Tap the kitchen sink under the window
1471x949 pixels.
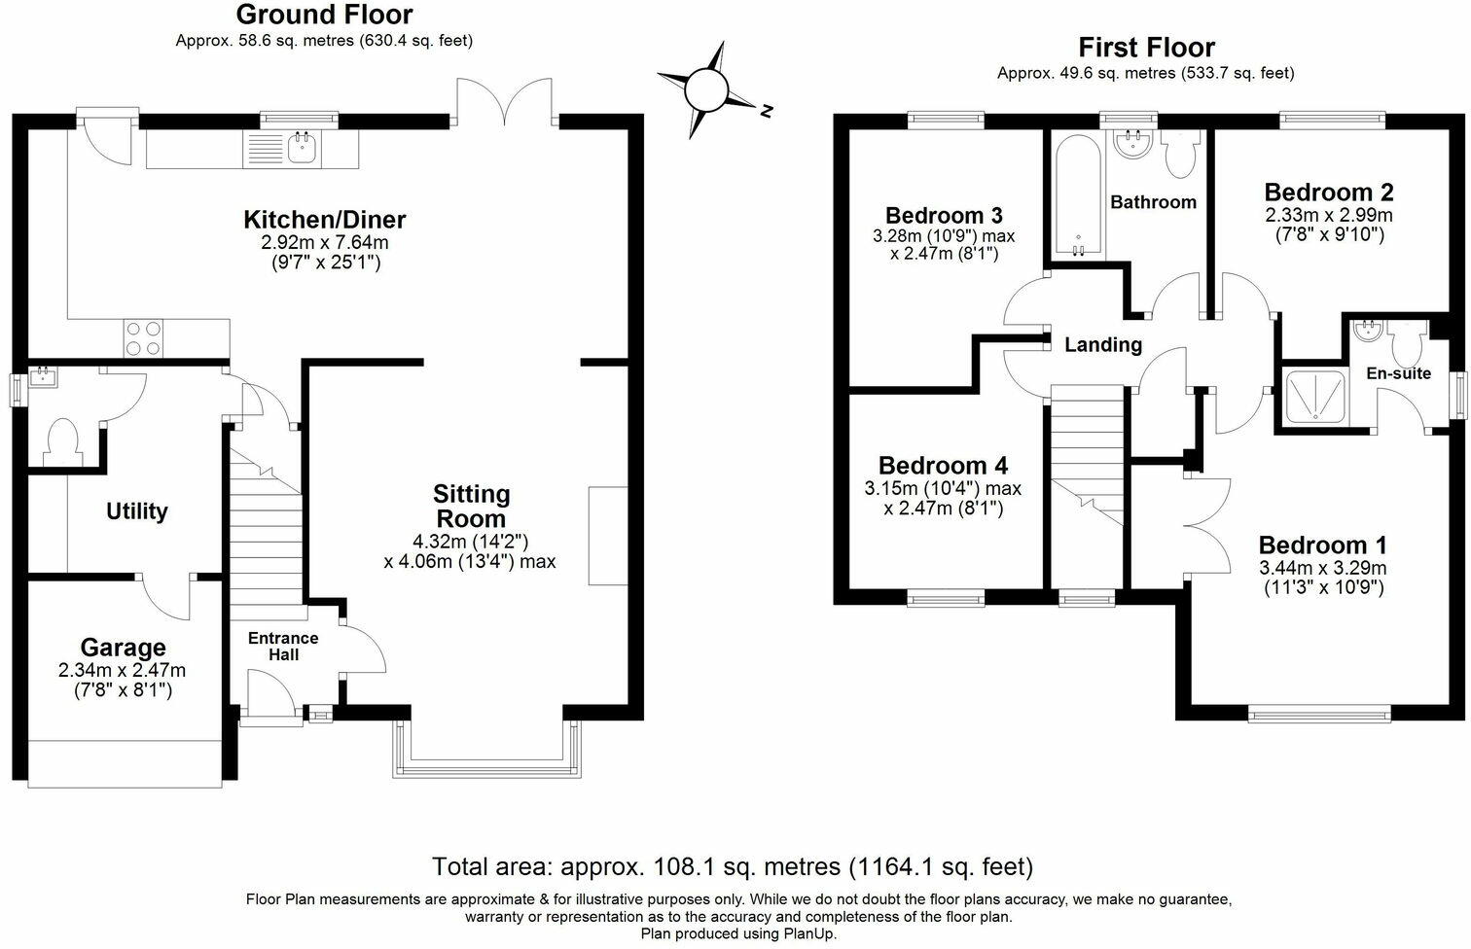tap(302, 149)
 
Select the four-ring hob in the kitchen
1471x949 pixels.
tap(143, 337)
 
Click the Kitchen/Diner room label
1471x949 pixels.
tap(324, 220)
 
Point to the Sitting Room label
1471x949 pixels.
tap(471, 506)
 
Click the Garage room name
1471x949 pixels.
tap(123, 648)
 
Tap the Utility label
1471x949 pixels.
tap(137, 511)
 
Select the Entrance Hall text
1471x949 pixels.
tap(283, 647)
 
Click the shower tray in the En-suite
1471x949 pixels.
tap(1313, 397)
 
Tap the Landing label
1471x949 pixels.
tap(1102, 344)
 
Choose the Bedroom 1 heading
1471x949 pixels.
tap(1323, 545)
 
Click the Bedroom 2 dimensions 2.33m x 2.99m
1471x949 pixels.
tap(1328, 215)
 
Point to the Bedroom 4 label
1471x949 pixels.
tap(943, 465)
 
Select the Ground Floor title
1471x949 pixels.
tap(324, 15)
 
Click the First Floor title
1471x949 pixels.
tap(1146, 47)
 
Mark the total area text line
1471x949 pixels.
tap(732, 866)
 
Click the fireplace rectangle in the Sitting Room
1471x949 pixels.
tap(608, 536)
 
